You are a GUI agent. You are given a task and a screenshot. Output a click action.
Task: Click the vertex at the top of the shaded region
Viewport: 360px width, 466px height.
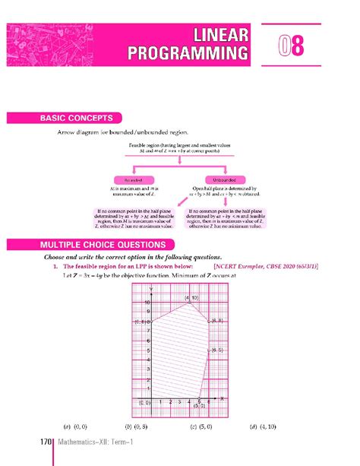(189, 303)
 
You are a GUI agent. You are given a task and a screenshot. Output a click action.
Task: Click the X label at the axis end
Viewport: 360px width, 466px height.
(221, 398)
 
